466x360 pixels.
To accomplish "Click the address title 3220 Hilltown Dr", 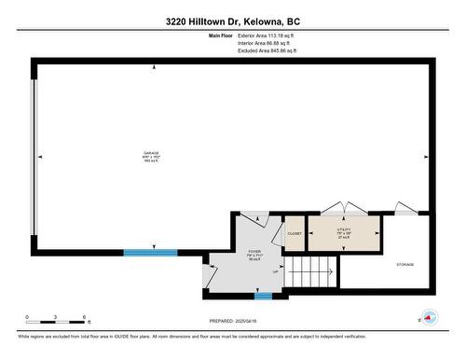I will coord(233,21).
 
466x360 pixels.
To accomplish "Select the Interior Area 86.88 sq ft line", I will coord(264,43).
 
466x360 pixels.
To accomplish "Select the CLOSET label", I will coord(294,233).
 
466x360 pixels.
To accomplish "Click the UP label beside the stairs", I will coord(275,271).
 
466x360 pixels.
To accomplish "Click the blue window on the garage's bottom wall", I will coord(150,252).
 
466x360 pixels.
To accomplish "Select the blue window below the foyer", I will coord(264,297).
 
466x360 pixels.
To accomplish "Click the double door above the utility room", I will coord(342,209).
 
